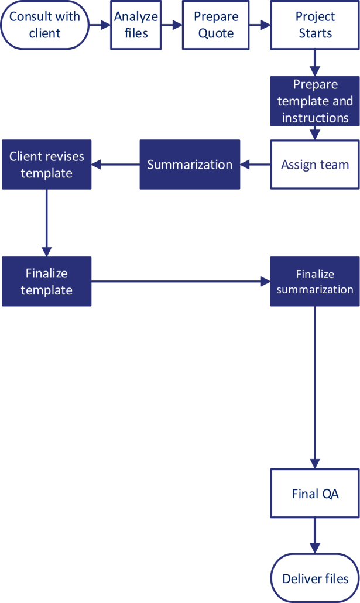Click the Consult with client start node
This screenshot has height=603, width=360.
click(x=44, y=25)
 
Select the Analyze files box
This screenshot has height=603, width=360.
click(x=136, y=25)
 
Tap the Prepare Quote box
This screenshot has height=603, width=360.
click(x=216, y=25)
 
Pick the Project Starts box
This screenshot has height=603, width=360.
click(x=315, y=25)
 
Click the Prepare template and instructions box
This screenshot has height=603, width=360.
click(x=315, y=101)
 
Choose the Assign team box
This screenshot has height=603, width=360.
click(x=315, y=165)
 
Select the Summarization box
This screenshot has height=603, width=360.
click(x=190, y=165)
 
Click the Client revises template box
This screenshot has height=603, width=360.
click(x=47, y=165)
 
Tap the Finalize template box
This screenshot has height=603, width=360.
click(x=47, y=282)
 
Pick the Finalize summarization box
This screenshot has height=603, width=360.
click(x=315, y=282)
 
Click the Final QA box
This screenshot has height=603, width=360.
click(x=315, y=494)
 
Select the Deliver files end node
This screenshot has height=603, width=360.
click(x=315, y=578)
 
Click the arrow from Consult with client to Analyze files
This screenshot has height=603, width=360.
click(x=100, y=25)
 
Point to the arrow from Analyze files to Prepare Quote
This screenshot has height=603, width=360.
click(x=172, y=25)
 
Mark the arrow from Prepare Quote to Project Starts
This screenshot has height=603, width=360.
click(x=260, y=25)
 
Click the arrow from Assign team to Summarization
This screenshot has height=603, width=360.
click(x=255, y=165)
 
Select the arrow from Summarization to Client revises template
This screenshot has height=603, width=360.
click(x=115, y=165)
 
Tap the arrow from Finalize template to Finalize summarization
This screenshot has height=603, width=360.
click(x=180, y=282)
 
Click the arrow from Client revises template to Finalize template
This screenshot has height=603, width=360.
click(x=47, y=222)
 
